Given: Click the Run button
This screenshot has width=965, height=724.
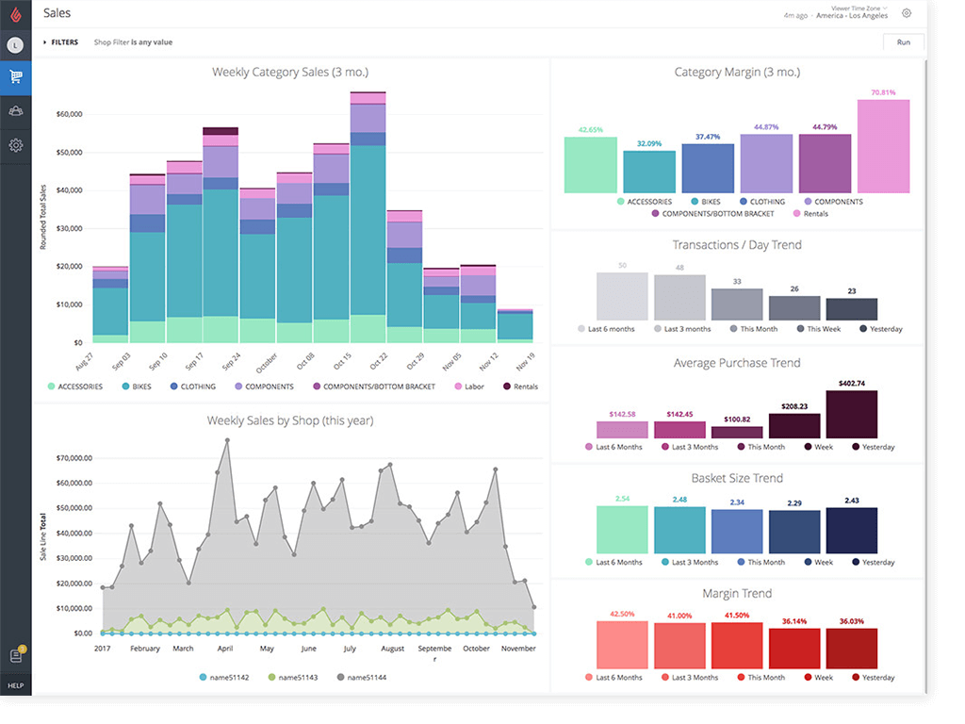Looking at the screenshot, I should pyautogui.click(x=903, y=42).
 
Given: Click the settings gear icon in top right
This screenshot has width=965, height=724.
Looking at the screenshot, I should pyautogui.click(x=907, y=13).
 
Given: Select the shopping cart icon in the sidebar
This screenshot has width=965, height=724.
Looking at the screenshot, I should pyautogui.click(x=16, y=77).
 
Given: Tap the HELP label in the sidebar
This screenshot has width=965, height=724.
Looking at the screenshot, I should pyautogui.click(x=15, y=685).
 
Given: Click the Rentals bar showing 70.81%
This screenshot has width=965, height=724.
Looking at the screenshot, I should pyautogui.click(x=883, y=146).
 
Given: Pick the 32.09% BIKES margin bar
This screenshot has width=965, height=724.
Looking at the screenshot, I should pyautogui.click(x=649, y=172).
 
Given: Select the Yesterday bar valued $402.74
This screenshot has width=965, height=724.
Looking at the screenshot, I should pyautogui.click(x=851, y=415).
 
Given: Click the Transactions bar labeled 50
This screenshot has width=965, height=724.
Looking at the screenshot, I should pyautogui.click(x=622, y=297).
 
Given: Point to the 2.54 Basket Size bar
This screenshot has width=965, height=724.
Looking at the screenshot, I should pyautogui.click(x=622, y=529).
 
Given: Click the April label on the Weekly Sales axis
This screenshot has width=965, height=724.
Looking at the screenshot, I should pyautogui.click(x=224, y=649).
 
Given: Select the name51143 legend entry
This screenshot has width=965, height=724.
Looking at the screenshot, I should pyautogui.click(x=295, y=678).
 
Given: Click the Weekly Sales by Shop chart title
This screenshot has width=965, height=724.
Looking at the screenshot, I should pyautogui.click(x=290, y=420).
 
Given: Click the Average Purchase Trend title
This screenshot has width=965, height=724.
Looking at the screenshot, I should pyautogui.click(x=737, y=363).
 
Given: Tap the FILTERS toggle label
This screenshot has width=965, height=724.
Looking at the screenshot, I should pyautogui.click(x=64, y=42).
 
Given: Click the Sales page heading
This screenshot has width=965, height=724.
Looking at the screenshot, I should pyautogui.click(x=57, y=13).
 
